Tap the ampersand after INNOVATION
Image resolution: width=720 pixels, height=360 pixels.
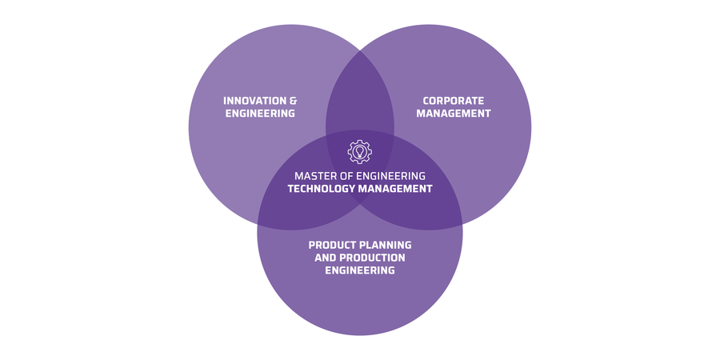[293, 101]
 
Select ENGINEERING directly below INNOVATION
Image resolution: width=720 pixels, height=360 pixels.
[259, 114]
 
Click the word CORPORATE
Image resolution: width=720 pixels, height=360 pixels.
[454, 101]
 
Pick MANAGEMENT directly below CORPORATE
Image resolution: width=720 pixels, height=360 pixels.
[454, 114]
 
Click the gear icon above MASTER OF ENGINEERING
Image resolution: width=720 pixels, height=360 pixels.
[360, 151]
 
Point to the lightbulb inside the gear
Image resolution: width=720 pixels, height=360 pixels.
[360, 151]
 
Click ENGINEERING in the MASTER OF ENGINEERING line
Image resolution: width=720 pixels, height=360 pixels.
[394, 175]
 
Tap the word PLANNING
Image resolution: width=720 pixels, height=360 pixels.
[387, 245]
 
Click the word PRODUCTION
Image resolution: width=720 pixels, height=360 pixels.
[373, 258]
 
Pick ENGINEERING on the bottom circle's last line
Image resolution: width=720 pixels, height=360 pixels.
[360, 270]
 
